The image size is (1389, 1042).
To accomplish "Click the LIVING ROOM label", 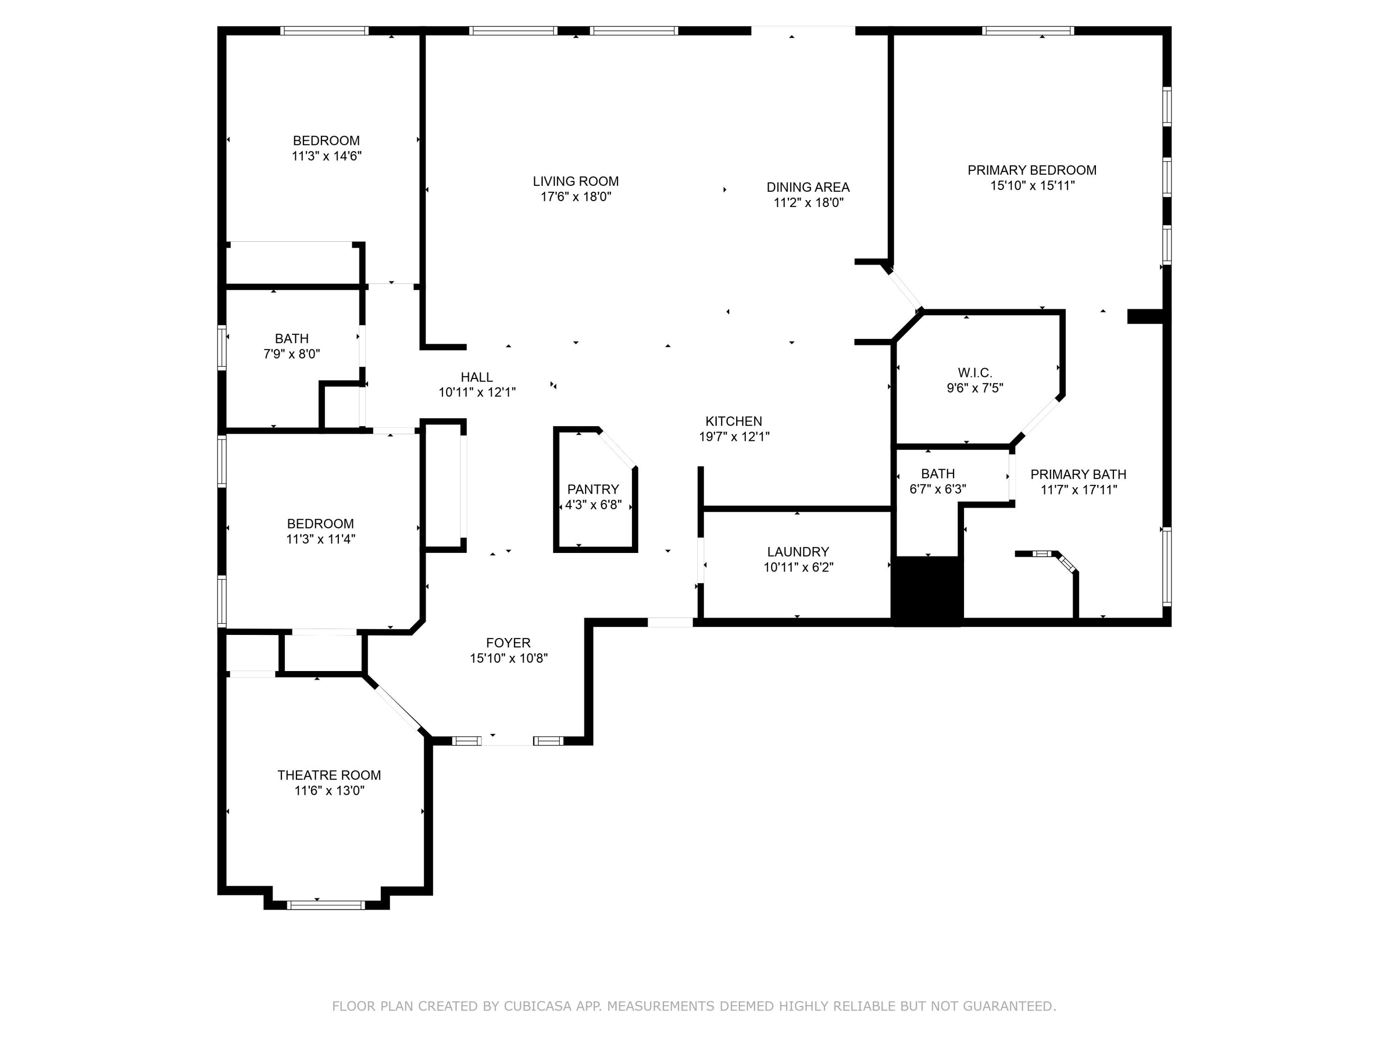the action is click(576, 182).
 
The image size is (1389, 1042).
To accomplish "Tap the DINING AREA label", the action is click(807, 187).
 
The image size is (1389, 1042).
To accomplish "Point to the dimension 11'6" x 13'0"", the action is click(329, 790).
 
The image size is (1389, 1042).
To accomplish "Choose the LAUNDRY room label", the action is click(797, 552).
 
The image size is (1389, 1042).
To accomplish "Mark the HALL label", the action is click(476, 377).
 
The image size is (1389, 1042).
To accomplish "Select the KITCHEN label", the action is click(733, 421).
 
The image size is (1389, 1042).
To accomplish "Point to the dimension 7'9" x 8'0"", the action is click(291, 354).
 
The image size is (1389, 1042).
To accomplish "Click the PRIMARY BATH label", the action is click(1078, 475).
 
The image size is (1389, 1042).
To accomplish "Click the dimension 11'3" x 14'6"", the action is click(326, 156).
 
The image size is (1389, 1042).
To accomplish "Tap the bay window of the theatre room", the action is click(326, 905).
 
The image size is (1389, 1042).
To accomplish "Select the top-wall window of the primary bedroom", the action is click(1028, 30).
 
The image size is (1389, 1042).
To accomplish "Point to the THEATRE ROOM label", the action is click(329, 775).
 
